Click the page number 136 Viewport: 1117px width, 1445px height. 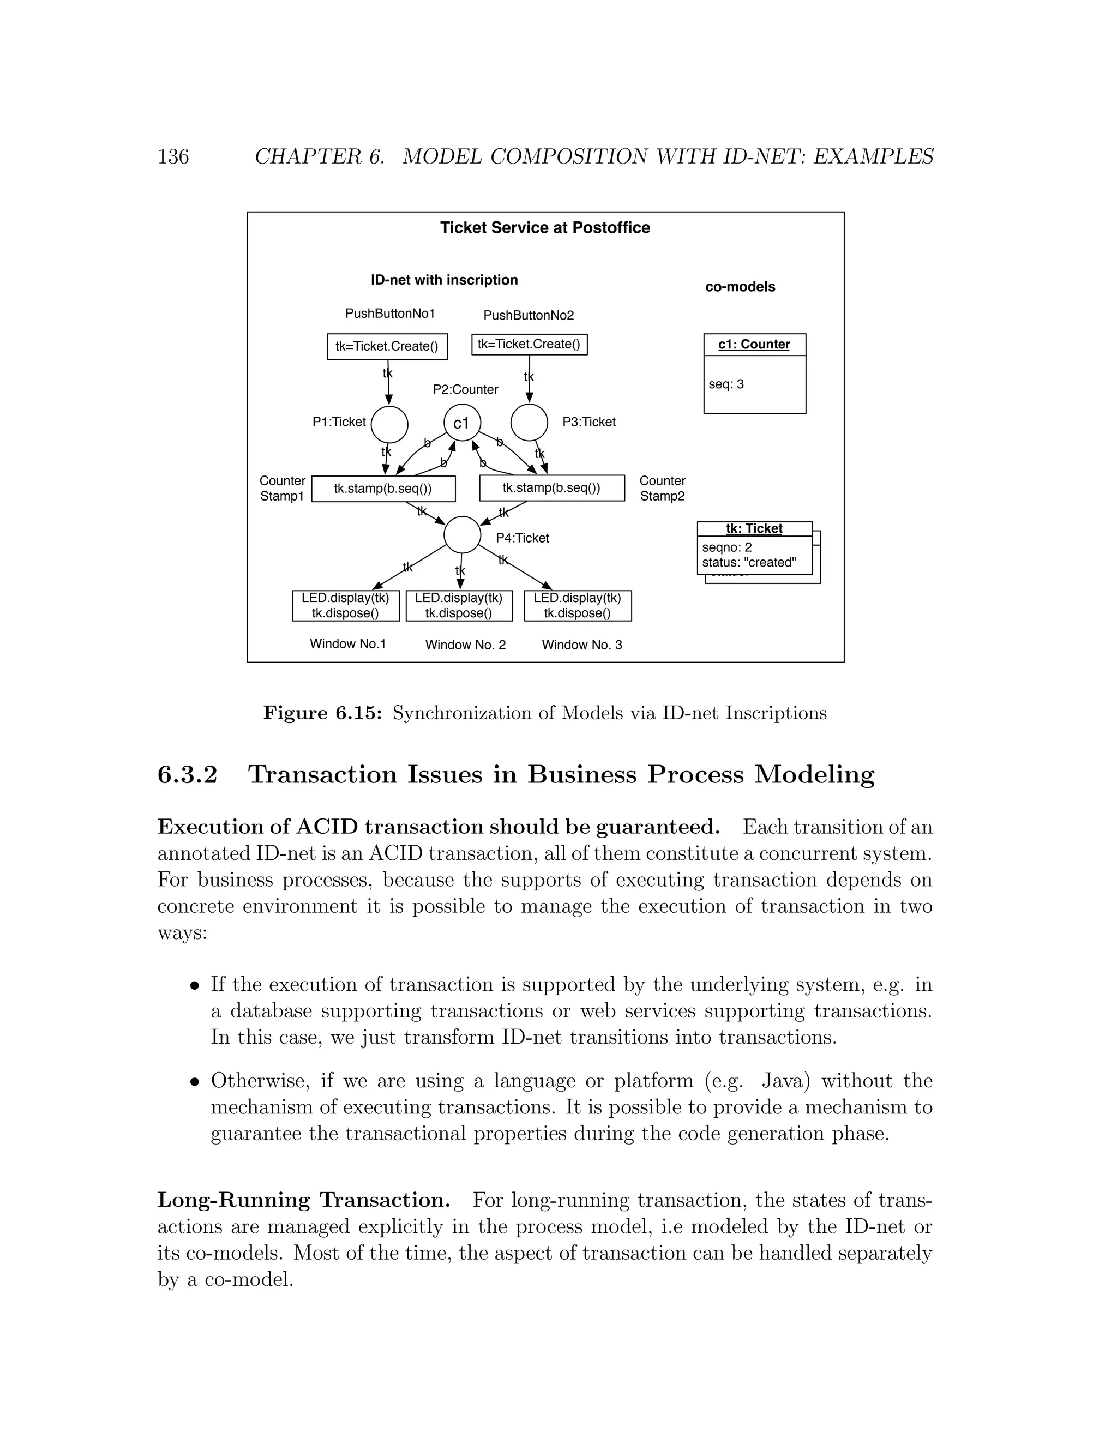173,157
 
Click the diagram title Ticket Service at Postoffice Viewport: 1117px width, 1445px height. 545,228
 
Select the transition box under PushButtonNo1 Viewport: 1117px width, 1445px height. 387,347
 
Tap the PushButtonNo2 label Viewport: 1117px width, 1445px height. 528,316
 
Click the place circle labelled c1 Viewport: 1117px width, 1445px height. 462,423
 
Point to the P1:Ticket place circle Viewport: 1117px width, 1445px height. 389,425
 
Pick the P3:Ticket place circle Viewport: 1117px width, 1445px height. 530,422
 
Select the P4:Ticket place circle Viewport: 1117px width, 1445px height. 462,534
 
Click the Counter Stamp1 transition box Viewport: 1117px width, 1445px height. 383,489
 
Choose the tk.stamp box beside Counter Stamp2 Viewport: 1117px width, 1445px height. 552,488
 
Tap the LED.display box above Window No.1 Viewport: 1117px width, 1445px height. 345,605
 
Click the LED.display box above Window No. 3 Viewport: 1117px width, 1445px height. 578,605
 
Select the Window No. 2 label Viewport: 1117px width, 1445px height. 465,645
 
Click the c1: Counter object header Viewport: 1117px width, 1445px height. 754,345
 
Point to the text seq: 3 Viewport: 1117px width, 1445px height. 726,384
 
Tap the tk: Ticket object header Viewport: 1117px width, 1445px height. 754,528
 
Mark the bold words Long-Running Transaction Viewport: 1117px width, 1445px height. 304,1200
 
